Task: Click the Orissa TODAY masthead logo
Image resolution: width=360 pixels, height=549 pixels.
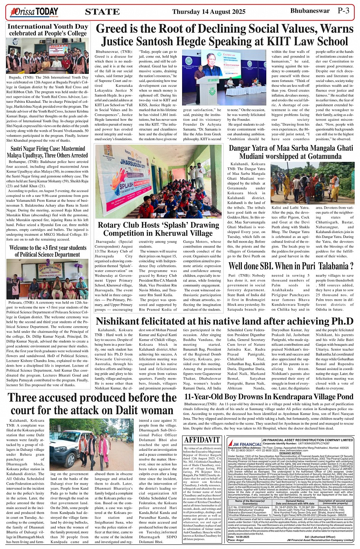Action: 34,12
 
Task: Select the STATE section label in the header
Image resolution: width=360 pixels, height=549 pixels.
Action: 102,12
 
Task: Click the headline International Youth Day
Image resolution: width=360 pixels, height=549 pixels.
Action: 48,27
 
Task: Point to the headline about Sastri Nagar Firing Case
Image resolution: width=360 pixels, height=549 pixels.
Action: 48,152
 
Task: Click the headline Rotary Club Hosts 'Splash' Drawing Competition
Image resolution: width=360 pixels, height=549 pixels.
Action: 158,229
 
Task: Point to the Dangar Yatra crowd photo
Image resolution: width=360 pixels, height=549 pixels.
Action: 312,183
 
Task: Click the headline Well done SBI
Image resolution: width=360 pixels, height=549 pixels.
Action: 291,266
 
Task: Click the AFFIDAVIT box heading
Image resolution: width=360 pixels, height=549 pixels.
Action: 202,440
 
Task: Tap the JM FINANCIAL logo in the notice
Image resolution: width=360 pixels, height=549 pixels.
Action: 244,444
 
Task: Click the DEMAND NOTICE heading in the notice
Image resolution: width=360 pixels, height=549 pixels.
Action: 290,453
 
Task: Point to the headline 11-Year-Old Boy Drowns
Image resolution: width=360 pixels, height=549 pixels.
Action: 269,397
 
